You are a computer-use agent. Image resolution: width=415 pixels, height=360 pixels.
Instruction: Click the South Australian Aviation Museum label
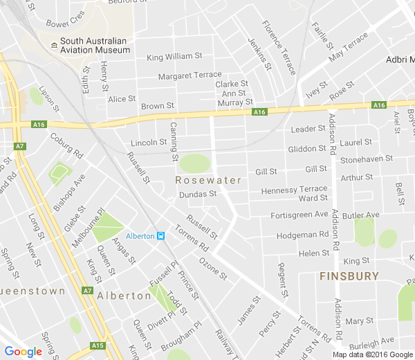pos(95,45)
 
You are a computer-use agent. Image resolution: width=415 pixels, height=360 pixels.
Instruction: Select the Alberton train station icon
pos(160,236)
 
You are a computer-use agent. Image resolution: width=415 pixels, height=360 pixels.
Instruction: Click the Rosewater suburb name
pos(208,180)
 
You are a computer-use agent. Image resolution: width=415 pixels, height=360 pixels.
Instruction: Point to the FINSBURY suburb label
pos(349,276)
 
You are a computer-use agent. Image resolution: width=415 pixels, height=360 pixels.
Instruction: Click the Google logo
pos(23,352)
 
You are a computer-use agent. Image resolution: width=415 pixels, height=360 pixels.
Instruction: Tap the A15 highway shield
pos(98,345)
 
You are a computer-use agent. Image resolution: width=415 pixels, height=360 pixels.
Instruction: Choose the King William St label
pos(174,57)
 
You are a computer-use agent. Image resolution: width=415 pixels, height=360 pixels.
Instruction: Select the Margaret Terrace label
pos(190,75)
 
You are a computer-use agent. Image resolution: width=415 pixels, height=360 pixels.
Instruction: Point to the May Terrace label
pos(349,50)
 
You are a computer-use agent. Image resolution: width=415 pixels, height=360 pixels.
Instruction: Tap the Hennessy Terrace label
pos(294,189)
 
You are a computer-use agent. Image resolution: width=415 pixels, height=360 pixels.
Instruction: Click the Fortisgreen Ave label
pos(299,215)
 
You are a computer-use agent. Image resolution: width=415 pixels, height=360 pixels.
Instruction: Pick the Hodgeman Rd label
pos(302,235)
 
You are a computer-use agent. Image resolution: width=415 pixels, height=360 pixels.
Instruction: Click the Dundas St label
pos(198,195)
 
